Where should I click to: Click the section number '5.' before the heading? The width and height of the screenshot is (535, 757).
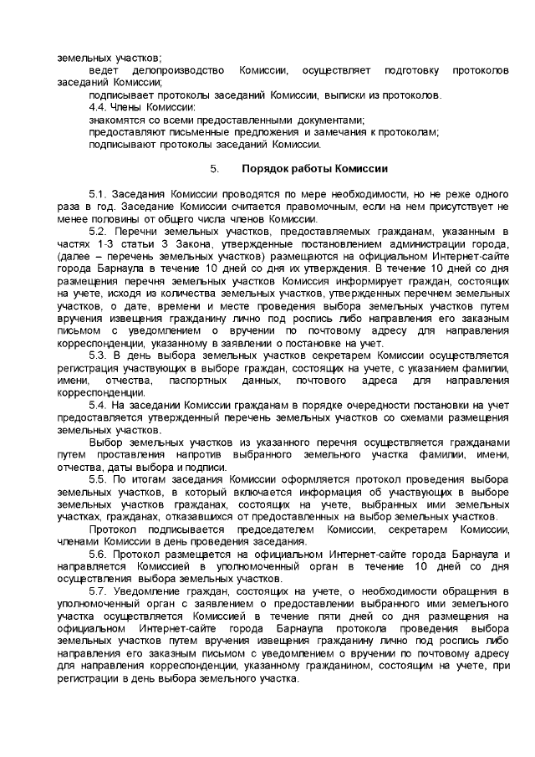coord(216,168)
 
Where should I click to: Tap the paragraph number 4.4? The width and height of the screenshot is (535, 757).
coord(99,108)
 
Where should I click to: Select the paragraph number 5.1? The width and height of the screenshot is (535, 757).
coord(99,193)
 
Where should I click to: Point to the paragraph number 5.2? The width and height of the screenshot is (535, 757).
coord(99,230)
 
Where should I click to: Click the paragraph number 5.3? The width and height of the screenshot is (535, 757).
coord(99,353)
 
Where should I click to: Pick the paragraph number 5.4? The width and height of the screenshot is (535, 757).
coord(99,404)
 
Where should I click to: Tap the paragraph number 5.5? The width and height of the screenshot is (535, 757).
coord(99,479)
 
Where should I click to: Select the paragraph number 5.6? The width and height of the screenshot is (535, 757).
coord(99,554)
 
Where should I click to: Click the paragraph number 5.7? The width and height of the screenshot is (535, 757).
coord(99,591)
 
